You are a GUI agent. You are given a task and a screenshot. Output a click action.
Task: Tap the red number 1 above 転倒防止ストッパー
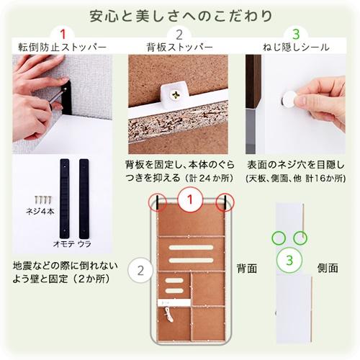tap(63, 34)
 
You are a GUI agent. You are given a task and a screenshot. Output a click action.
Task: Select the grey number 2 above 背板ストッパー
tap(179, 34)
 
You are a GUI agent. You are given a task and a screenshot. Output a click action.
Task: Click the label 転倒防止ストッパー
tap(63, 48)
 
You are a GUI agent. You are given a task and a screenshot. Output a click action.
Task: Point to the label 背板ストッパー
tap(179, 48)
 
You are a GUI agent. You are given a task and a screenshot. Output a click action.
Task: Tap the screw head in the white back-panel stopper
tap(176, 93)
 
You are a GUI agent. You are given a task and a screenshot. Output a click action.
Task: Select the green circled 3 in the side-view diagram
tap(289, 259)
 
